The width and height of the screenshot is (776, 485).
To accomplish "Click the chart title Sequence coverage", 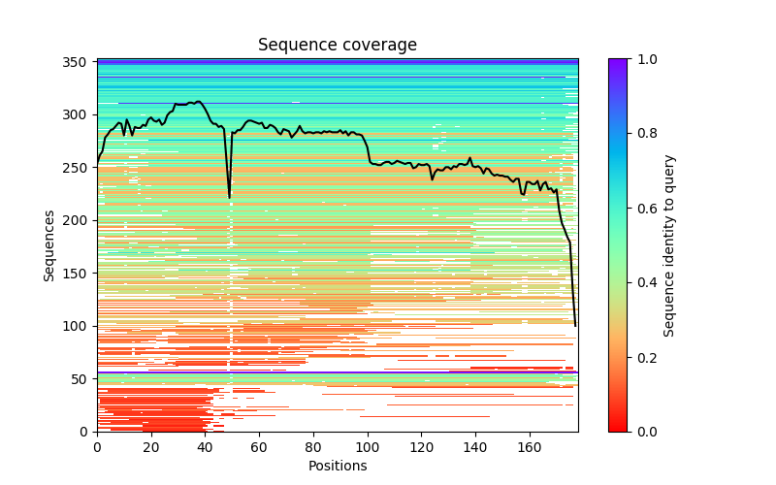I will click(337, 45).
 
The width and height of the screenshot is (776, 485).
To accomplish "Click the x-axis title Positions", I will click(337, 466).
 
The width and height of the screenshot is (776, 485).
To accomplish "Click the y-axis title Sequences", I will click(49, 244).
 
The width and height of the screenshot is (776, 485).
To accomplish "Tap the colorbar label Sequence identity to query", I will click(669, 244).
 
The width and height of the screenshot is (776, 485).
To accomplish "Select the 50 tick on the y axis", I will click(82, 378).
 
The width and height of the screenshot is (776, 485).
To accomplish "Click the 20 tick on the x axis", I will click(151, 447).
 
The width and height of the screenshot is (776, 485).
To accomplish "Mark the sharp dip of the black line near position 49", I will click(230, 197).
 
